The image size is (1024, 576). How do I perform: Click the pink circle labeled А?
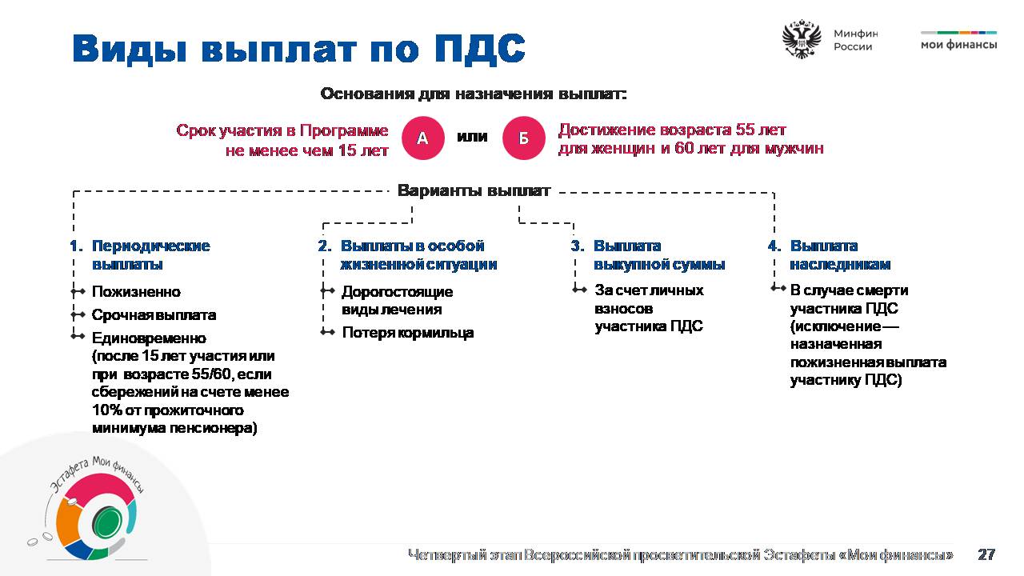423,138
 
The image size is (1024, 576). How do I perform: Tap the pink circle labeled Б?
524,138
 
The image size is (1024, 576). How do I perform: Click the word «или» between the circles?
472,136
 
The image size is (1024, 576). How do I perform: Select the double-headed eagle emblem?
802,39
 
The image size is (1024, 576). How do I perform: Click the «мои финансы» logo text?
958,45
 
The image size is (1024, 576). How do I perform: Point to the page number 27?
986,554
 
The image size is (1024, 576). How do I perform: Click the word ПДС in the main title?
479,47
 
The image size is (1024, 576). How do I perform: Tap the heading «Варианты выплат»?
474,190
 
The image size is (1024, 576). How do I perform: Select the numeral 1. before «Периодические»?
76,246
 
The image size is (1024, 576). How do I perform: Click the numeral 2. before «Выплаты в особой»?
325,246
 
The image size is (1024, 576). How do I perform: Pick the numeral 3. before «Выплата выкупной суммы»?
578,246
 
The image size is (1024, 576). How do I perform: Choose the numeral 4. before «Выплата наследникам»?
774,246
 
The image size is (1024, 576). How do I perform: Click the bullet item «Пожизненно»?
136,292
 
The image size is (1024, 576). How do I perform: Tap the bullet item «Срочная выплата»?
154,315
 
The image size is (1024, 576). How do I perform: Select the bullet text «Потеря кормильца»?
408,332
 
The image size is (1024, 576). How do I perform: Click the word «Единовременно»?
149,338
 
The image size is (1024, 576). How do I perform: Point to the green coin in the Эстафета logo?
106,524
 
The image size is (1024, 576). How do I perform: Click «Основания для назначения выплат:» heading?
474,94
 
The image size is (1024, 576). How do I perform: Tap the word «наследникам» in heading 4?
840,264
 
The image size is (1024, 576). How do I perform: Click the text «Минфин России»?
856,40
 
